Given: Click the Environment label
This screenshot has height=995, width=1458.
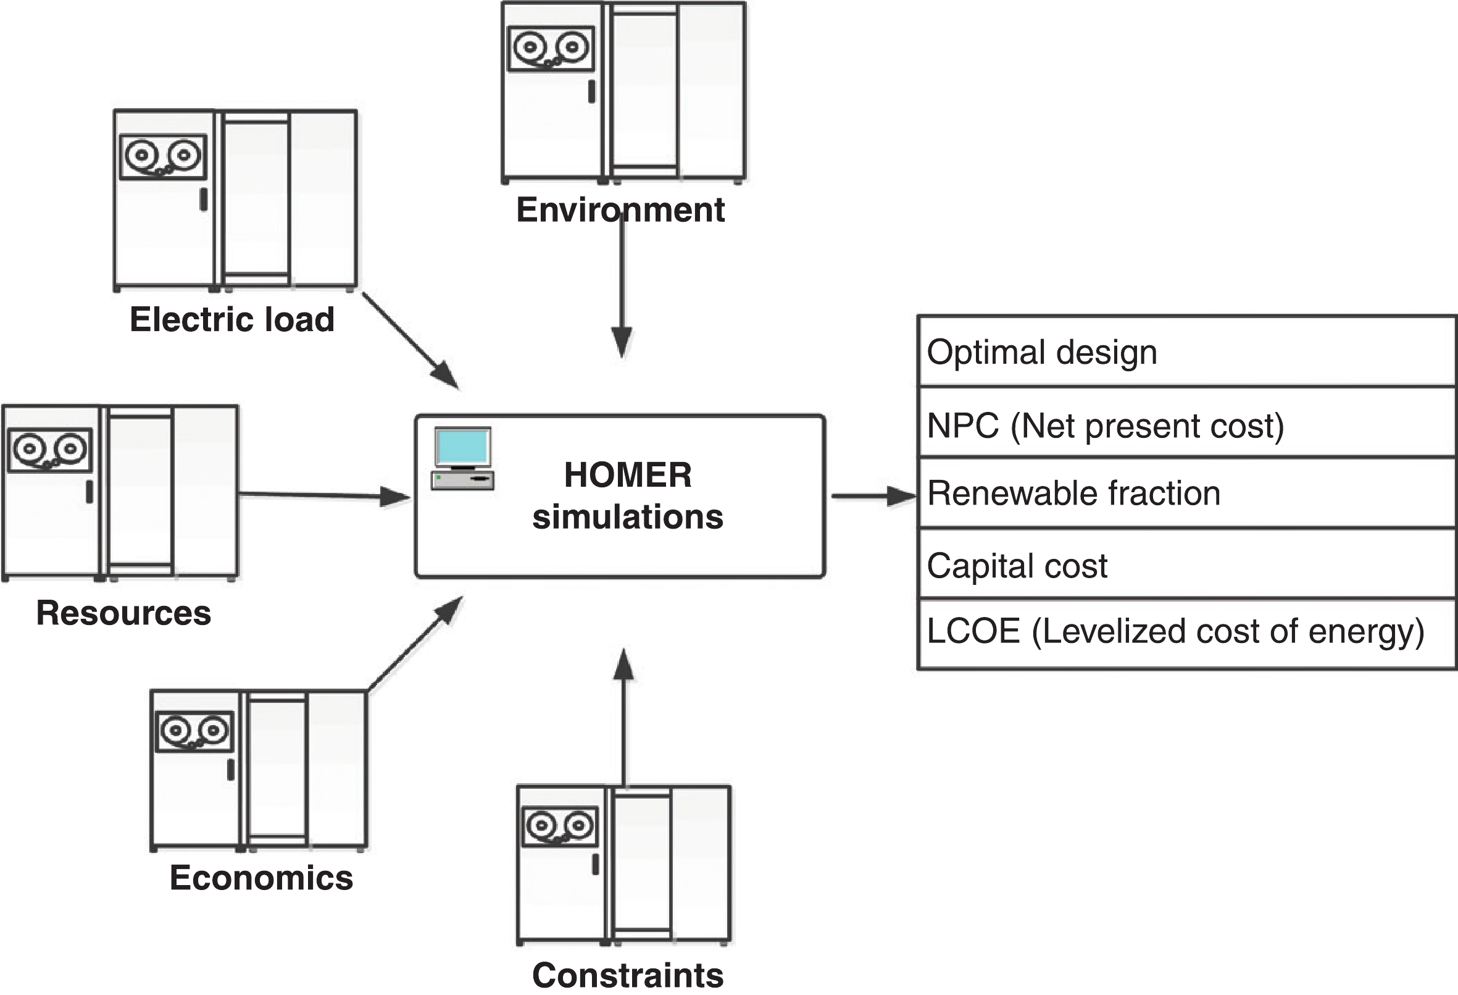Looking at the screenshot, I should pyautogui.click(x=620, y=209).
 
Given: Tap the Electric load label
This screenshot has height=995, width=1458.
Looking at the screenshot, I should pyautogui.click(x=231, y=319).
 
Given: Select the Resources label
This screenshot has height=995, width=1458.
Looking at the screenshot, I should pyautogui.click(x=123, y=613).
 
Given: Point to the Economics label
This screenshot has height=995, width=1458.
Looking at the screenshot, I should pyautogui.click(x=261, y=878).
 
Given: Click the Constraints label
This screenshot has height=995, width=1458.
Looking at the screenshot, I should pyautogui.click(x=627, y=975).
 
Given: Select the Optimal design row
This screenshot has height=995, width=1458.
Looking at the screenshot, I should pyautogui.click(x=1186, y=351).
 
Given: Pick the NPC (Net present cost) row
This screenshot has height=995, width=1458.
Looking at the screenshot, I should pyautogui.click(x=1186, y=425).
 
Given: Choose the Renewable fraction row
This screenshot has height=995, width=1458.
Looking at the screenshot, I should pyautogui.click(x=1186, y=493).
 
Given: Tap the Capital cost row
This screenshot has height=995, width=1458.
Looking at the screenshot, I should pyautogui.click(x=1186, y=565).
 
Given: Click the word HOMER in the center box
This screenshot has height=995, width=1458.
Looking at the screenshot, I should pyautogui.click(x=627, y=474).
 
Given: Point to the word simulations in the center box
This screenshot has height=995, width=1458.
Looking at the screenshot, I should pyautogui.click(x=627, y=517).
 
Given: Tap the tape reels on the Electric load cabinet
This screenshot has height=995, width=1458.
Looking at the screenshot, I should pyautogui.click(x=163, y=156).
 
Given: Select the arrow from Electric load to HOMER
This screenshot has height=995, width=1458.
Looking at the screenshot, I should pyautogui.click(x=411, y=341).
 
